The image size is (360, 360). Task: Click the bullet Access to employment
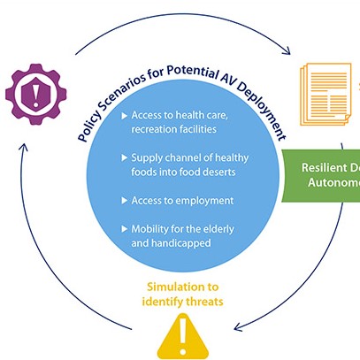click(181, 200)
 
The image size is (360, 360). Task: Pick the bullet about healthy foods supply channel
click(188, 165)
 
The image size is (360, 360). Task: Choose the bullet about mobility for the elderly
click(180, 235)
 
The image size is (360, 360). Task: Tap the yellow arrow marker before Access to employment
click(123, 200)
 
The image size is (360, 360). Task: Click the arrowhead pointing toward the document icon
click(288, 51)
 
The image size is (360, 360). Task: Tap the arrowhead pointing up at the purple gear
click(27, 139)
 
